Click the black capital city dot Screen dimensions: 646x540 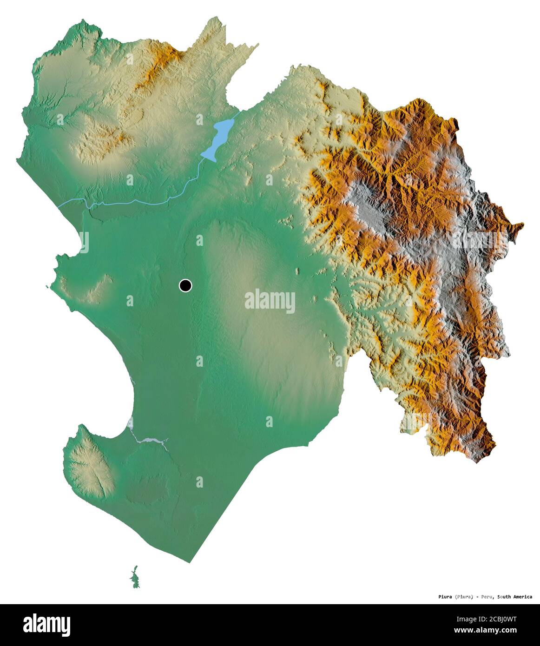point(185,285)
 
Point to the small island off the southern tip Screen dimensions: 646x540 point(135,578)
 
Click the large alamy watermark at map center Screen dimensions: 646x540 point(270,301)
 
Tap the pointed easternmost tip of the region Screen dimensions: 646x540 point(523,225)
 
